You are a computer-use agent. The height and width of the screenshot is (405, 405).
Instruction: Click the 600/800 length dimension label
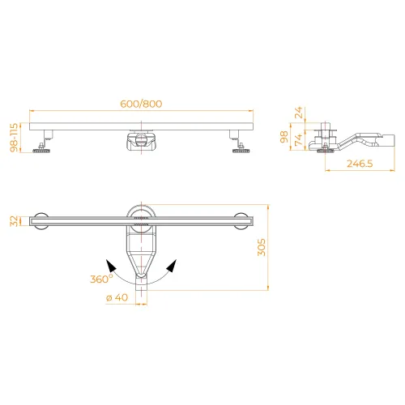click(x=141, y=104)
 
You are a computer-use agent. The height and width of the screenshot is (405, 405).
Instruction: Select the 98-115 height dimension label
click(x=14, y=138)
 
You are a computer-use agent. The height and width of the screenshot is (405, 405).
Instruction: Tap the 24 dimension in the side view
click(x=299, y=113)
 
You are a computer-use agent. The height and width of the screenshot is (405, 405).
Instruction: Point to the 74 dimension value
click(x=299, y=140)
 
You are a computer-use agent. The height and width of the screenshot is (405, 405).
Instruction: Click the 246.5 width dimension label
click(x=360, y=164)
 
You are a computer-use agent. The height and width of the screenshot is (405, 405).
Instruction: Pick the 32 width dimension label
click(x=14, y=221)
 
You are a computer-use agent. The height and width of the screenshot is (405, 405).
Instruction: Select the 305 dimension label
click(x=262, y=247)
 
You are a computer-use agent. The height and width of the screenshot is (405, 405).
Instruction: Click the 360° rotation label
click(x=101, y=279)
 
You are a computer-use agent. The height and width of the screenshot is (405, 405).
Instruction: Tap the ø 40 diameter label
click(x=117, y=297)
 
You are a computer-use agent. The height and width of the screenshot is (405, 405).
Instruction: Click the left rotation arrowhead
click(x=111, y=266)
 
